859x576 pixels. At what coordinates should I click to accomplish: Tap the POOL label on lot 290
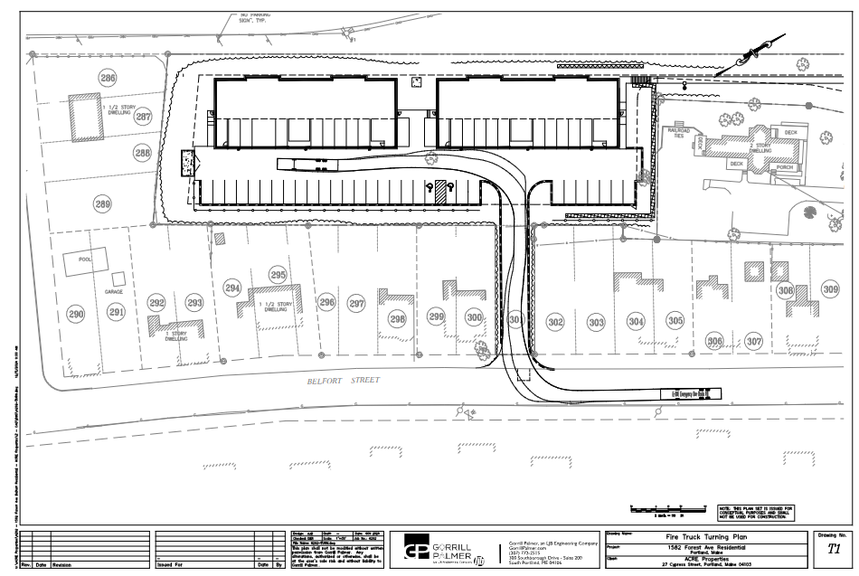point(86,260)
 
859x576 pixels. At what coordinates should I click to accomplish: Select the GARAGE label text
point(113,292)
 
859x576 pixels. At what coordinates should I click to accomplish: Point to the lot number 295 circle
point(278,275)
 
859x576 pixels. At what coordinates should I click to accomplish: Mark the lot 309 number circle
point(830,289)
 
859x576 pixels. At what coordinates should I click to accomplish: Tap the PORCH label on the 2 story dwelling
point(783,167)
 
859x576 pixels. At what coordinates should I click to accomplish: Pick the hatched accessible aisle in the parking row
point(440,192)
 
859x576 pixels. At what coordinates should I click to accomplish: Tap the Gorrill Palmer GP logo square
point(417,551)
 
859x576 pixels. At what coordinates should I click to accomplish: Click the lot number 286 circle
point(108,80)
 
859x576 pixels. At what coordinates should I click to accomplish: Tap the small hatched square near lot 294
point(219,239)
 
